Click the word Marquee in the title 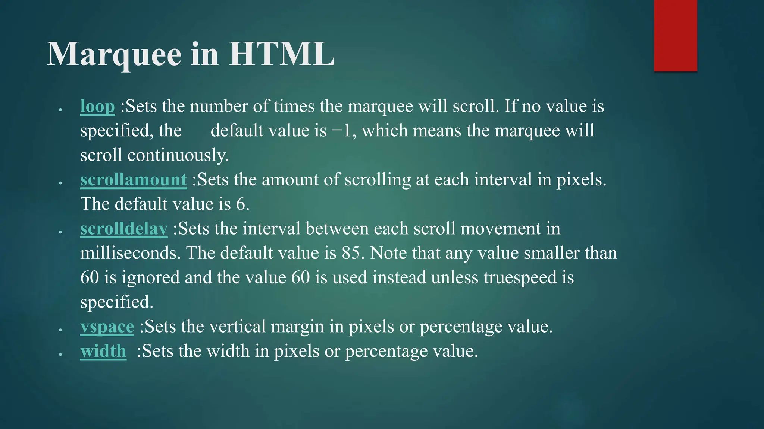(114, 55)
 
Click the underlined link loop (97, 107)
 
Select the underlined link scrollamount (134, 180)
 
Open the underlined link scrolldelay (124, 229)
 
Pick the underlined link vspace (107, 327)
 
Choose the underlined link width (103, 351)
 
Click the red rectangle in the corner (675, 36)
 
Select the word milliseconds (130, 253)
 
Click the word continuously (178, 155)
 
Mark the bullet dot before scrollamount (60, 183)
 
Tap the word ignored (150, 278)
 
